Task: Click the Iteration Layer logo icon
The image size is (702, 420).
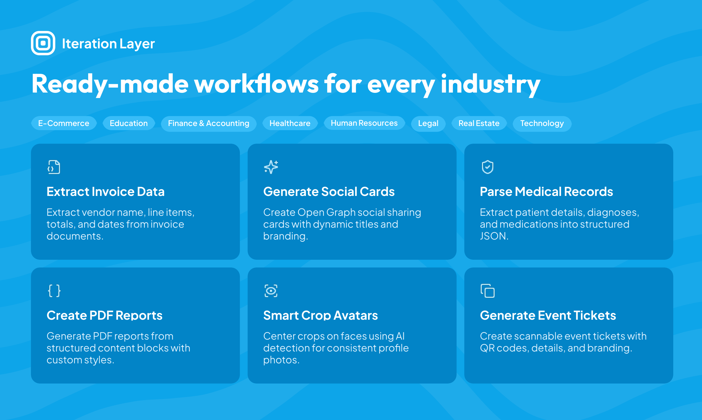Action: click(43, 43)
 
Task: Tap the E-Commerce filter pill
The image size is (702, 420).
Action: click(64, 124)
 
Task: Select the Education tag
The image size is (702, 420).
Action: click(129, 124)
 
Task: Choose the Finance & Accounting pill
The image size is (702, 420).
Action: click(209, 124)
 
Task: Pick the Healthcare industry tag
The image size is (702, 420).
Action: click(290, 124)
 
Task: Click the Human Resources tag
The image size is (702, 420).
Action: click(364, 123)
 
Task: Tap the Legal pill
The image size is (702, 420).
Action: click(428, 124)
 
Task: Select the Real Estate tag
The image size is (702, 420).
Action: click(479, 124)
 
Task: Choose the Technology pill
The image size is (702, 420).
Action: click(542, 124)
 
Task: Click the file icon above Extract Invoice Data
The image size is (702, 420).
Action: click(54, 167)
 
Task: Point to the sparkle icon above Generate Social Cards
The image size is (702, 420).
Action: click(271, 167)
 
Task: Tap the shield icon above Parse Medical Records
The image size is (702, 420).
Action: click(488, 167)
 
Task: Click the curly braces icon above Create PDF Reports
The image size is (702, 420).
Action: click(54, 291)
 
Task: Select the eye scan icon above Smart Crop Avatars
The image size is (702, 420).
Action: click(271, 291)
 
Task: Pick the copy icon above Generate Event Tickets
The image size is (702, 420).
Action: click(488, 291)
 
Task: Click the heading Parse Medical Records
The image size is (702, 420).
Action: click(546, 191)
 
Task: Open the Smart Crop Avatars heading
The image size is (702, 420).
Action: click(320, 315)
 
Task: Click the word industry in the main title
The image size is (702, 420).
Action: click(491, 84)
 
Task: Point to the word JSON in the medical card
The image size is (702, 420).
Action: click(494, 236)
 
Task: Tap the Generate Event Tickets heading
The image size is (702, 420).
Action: click(548, 315)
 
